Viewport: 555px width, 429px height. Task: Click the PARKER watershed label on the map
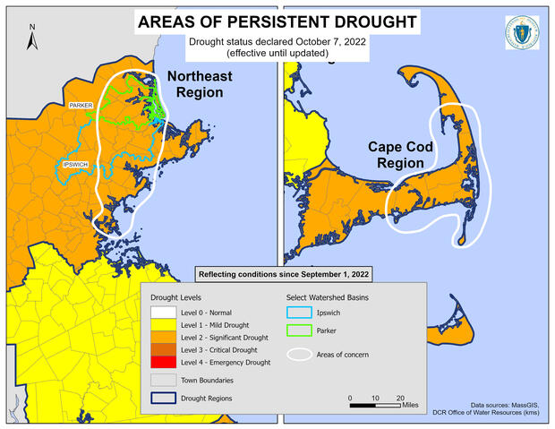(81, 106)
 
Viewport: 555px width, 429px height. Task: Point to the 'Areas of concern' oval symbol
(302, 355)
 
